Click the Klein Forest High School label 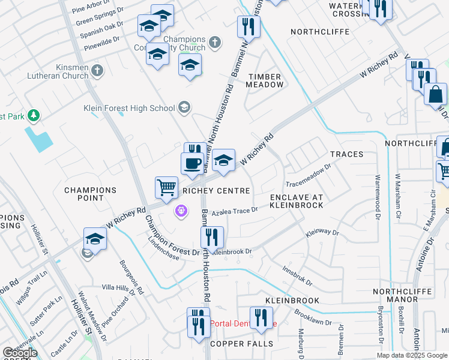click(x=129, y=109)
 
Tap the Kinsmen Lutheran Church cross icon click(x=97, y=71)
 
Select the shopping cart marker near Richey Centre click(x=166, y=187)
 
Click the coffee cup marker click(x=192, y=163)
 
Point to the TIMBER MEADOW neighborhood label click(x=265, y=80)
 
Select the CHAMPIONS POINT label click(x=91, y=194)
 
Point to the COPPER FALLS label click(x=242, y=344)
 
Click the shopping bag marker click(x=435, y=94)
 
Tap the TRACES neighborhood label click(x=346, y=154)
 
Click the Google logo click(x=19, y=353)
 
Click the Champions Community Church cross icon click(x=215, y=43)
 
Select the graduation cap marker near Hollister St click(x=95, y=239)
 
